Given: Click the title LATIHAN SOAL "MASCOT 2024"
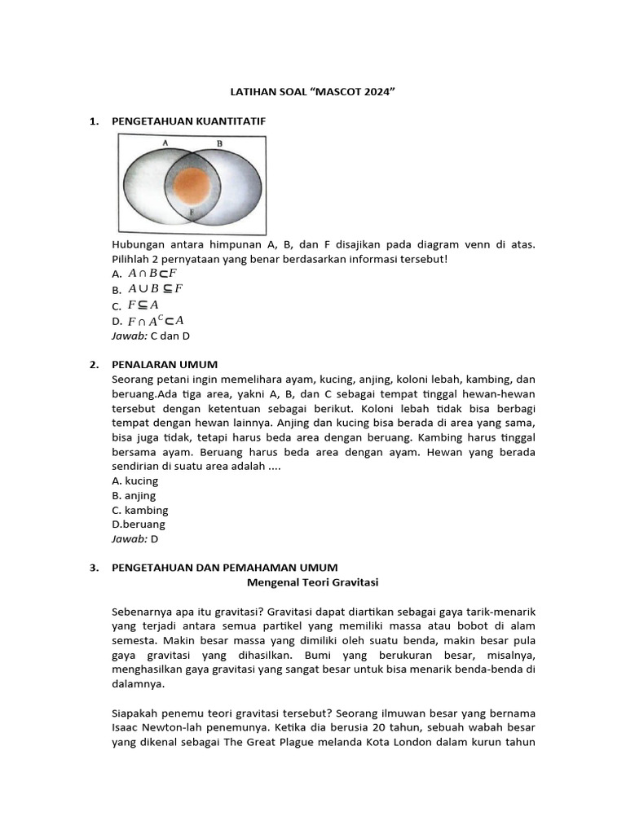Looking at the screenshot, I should [313, 92].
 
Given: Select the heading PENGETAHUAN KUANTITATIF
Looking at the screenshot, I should [188, 121].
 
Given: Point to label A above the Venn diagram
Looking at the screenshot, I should [165, 143].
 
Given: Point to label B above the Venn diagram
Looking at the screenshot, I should [219, 143].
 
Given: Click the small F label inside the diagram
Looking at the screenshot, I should [191, 213].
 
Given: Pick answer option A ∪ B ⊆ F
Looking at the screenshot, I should [155, 289].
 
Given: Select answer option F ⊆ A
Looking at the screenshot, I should [143, 305].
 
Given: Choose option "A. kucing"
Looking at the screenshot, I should [135, 481].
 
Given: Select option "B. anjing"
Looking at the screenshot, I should [134, 495].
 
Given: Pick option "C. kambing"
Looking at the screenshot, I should [140, 510].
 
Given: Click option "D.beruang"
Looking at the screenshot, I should [139, 525].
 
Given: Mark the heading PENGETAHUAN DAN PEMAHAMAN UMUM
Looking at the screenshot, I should [224, 568].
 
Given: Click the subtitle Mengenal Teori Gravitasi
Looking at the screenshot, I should [312, 582].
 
